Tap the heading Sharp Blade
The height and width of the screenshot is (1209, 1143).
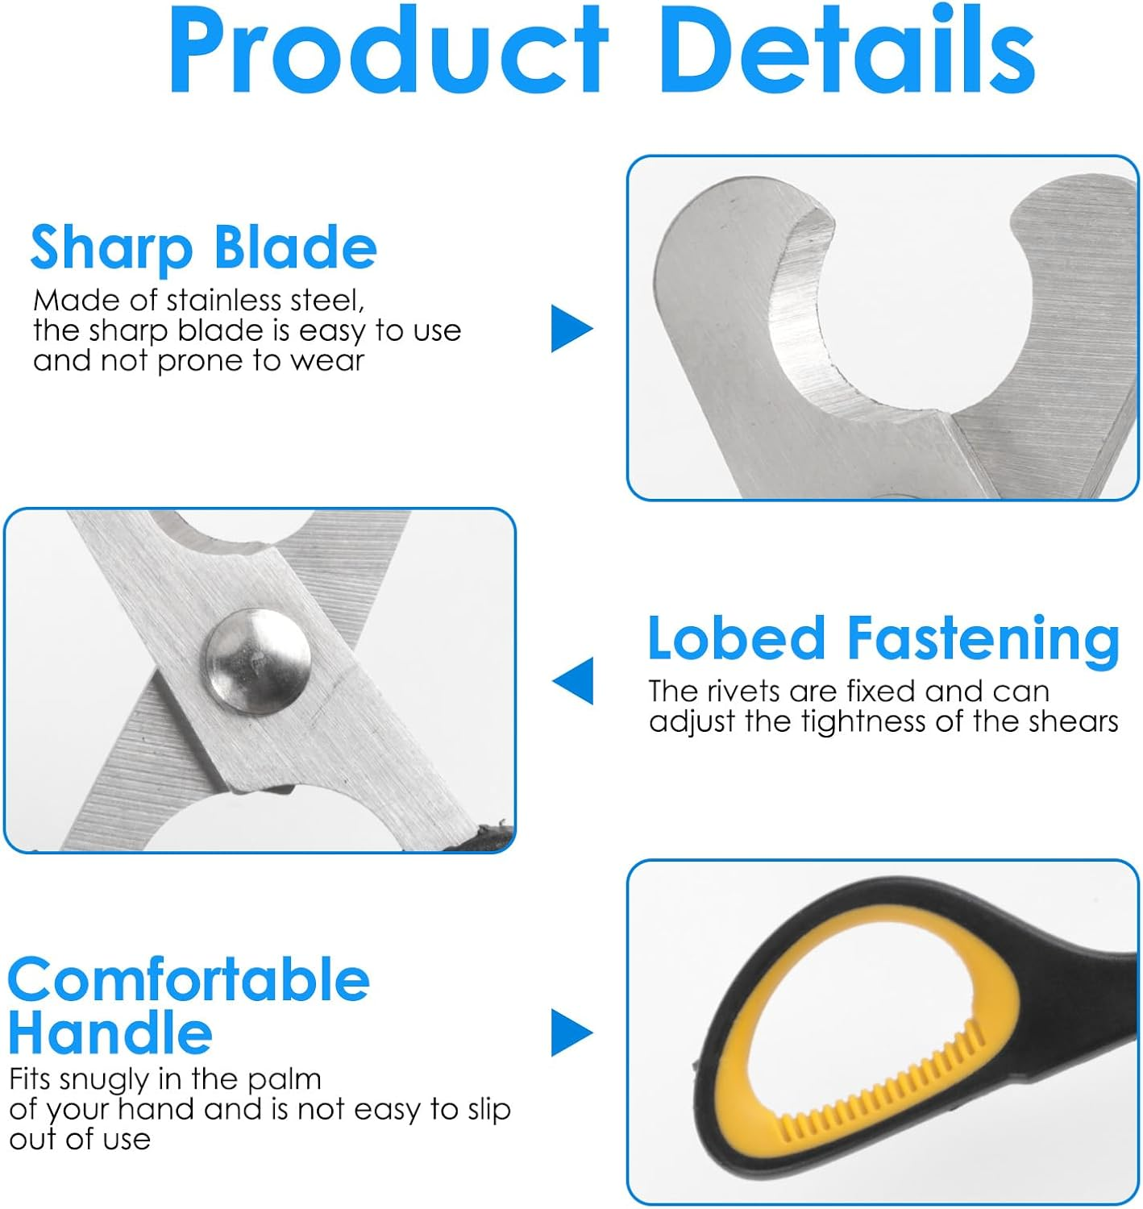(203, 247)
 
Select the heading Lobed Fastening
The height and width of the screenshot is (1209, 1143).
(883, 638)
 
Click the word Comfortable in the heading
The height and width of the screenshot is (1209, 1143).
(189, 981)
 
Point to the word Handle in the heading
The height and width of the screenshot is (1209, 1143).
(110, 1033)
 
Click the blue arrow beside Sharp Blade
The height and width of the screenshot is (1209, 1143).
(571, 328)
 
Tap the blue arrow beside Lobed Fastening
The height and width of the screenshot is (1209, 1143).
(573, 680)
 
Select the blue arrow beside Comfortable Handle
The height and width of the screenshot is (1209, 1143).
(571, 1032)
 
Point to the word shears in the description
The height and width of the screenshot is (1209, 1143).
(1079, 721)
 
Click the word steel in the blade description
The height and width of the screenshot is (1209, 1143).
(327, 301)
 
